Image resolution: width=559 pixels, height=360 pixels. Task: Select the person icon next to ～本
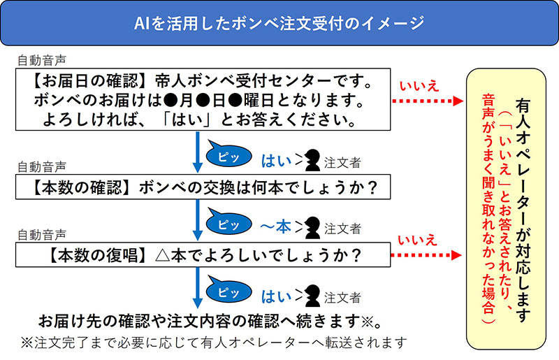[x=312, y=227]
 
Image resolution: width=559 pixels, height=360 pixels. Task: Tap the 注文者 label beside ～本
[x=342, y=229]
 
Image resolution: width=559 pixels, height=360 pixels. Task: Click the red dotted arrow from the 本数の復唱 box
[x=426, y=256]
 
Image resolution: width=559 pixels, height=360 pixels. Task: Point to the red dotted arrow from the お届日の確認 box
[x=426, y=101]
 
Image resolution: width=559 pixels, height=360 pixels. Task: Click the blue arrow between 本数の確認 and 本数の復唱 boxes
[x=198, y=222]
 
